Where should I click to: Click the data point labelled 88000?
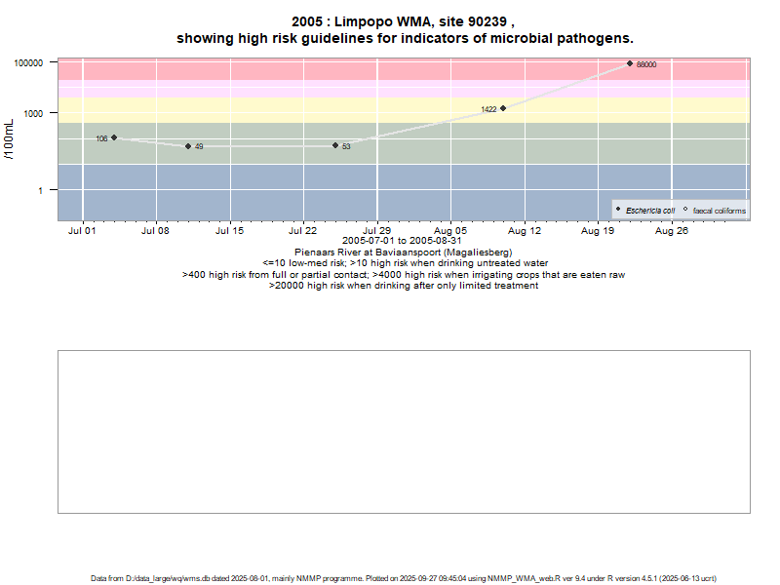tap(630, 63)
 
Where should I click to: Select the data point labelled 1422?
tap(503, 108)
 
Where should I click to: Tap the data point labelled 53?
tap(335, 145)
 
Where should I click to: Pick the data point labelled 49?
tap(188, 146)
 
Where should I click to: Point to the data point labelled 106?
tap(114, 137)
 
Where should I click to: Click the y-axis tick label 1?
tap(41, 190)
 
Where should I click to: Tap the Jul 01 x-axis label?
tap(82, 232)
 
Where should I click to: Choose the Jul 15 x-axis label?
tap(229, 232)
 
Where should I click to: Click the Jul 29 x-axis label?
tap(377, 232)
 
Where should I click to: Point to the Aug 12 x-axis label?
tap(525, 232)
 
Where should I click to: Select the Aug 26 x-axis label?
tap(672, 232)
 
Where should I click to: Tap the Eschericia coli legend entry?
tap(649, 211)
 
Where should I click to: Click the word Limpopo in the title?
tap(374, 21)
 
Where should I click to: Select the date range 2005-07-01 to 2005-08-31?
tap(403, 241)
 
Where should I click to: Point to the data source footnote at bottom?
tap(404, 578)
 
